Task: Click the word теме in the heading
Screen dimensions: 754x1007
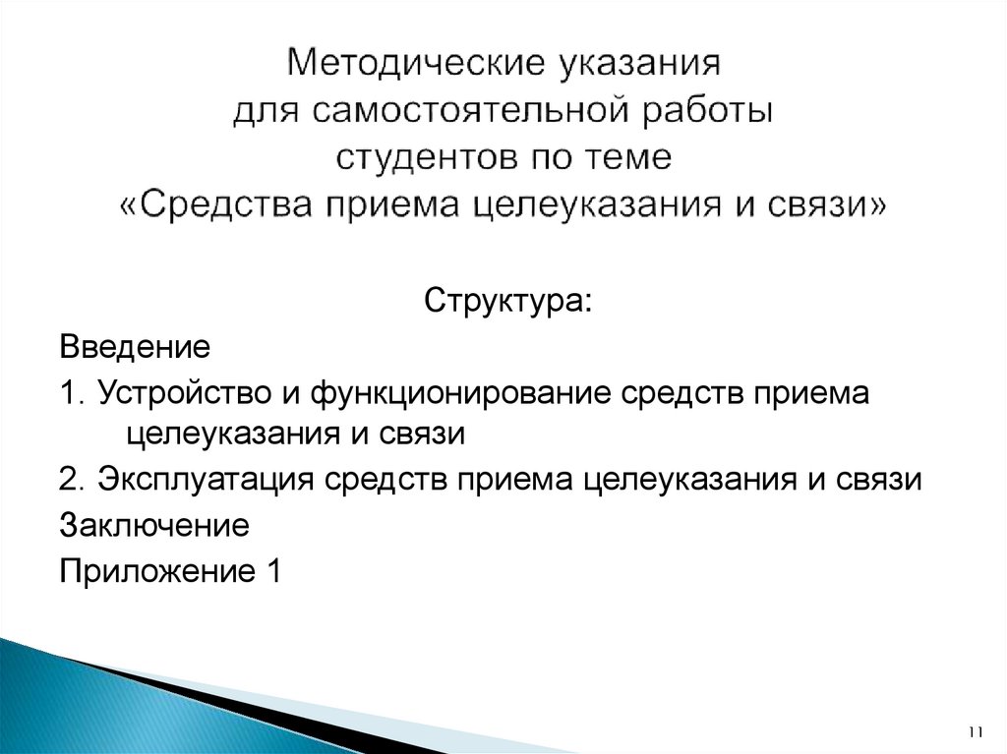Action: tap(630, 158)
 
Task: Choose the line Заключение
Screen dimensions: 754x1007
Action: tap(154, 525)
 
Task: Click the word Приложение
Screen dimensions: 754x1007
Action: tap(155, 571)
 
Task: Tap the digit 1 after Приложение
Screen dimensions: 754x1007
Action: tap(272, 571)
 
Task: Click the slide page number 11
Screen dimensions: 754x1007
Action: tap(976, 731)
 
